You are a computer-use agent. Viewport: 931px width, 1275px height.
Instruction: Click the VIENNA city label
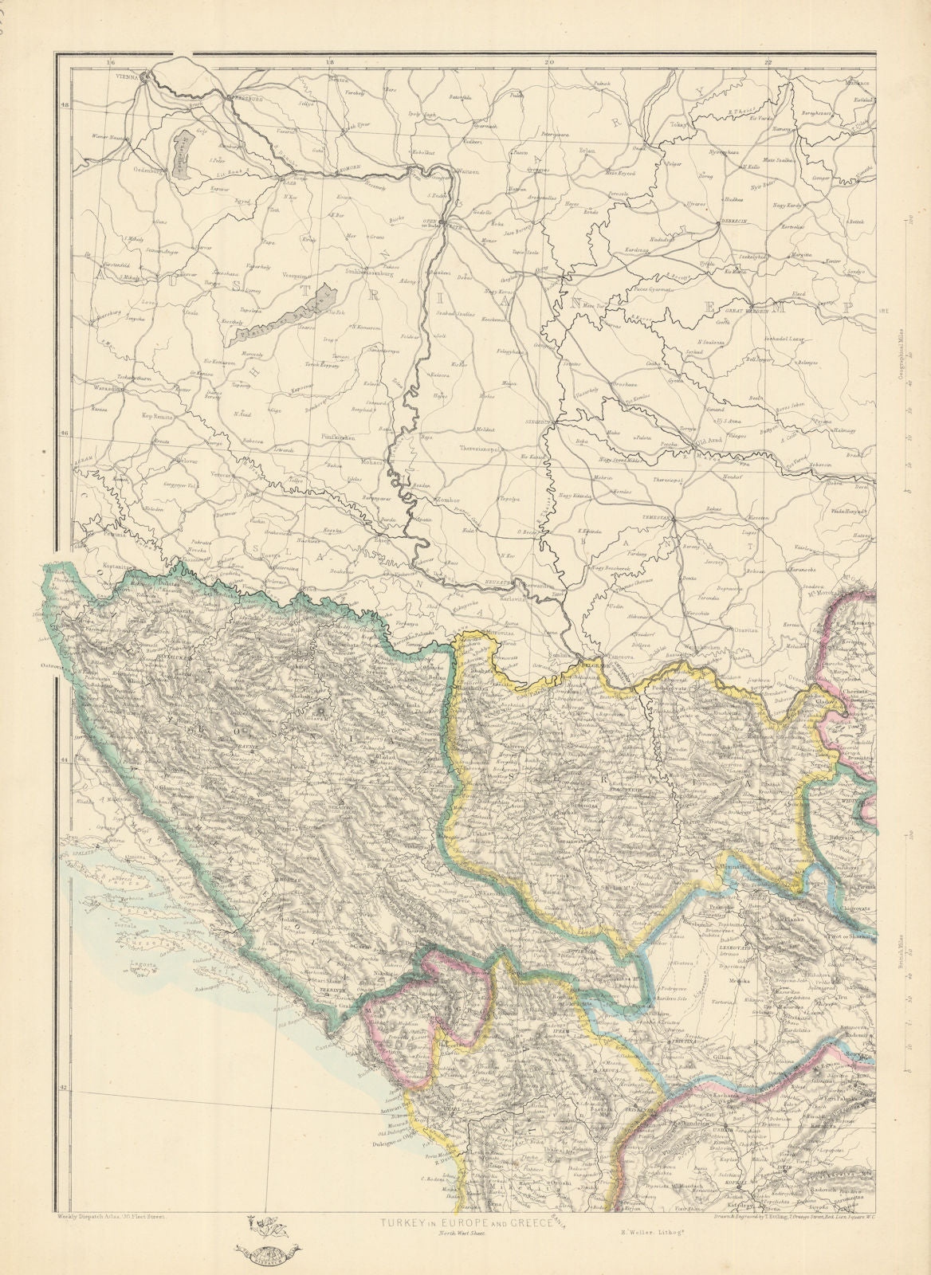(126, 77)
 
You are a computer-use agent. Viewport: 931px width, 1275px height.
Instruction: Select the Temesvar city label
(658, 517)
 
